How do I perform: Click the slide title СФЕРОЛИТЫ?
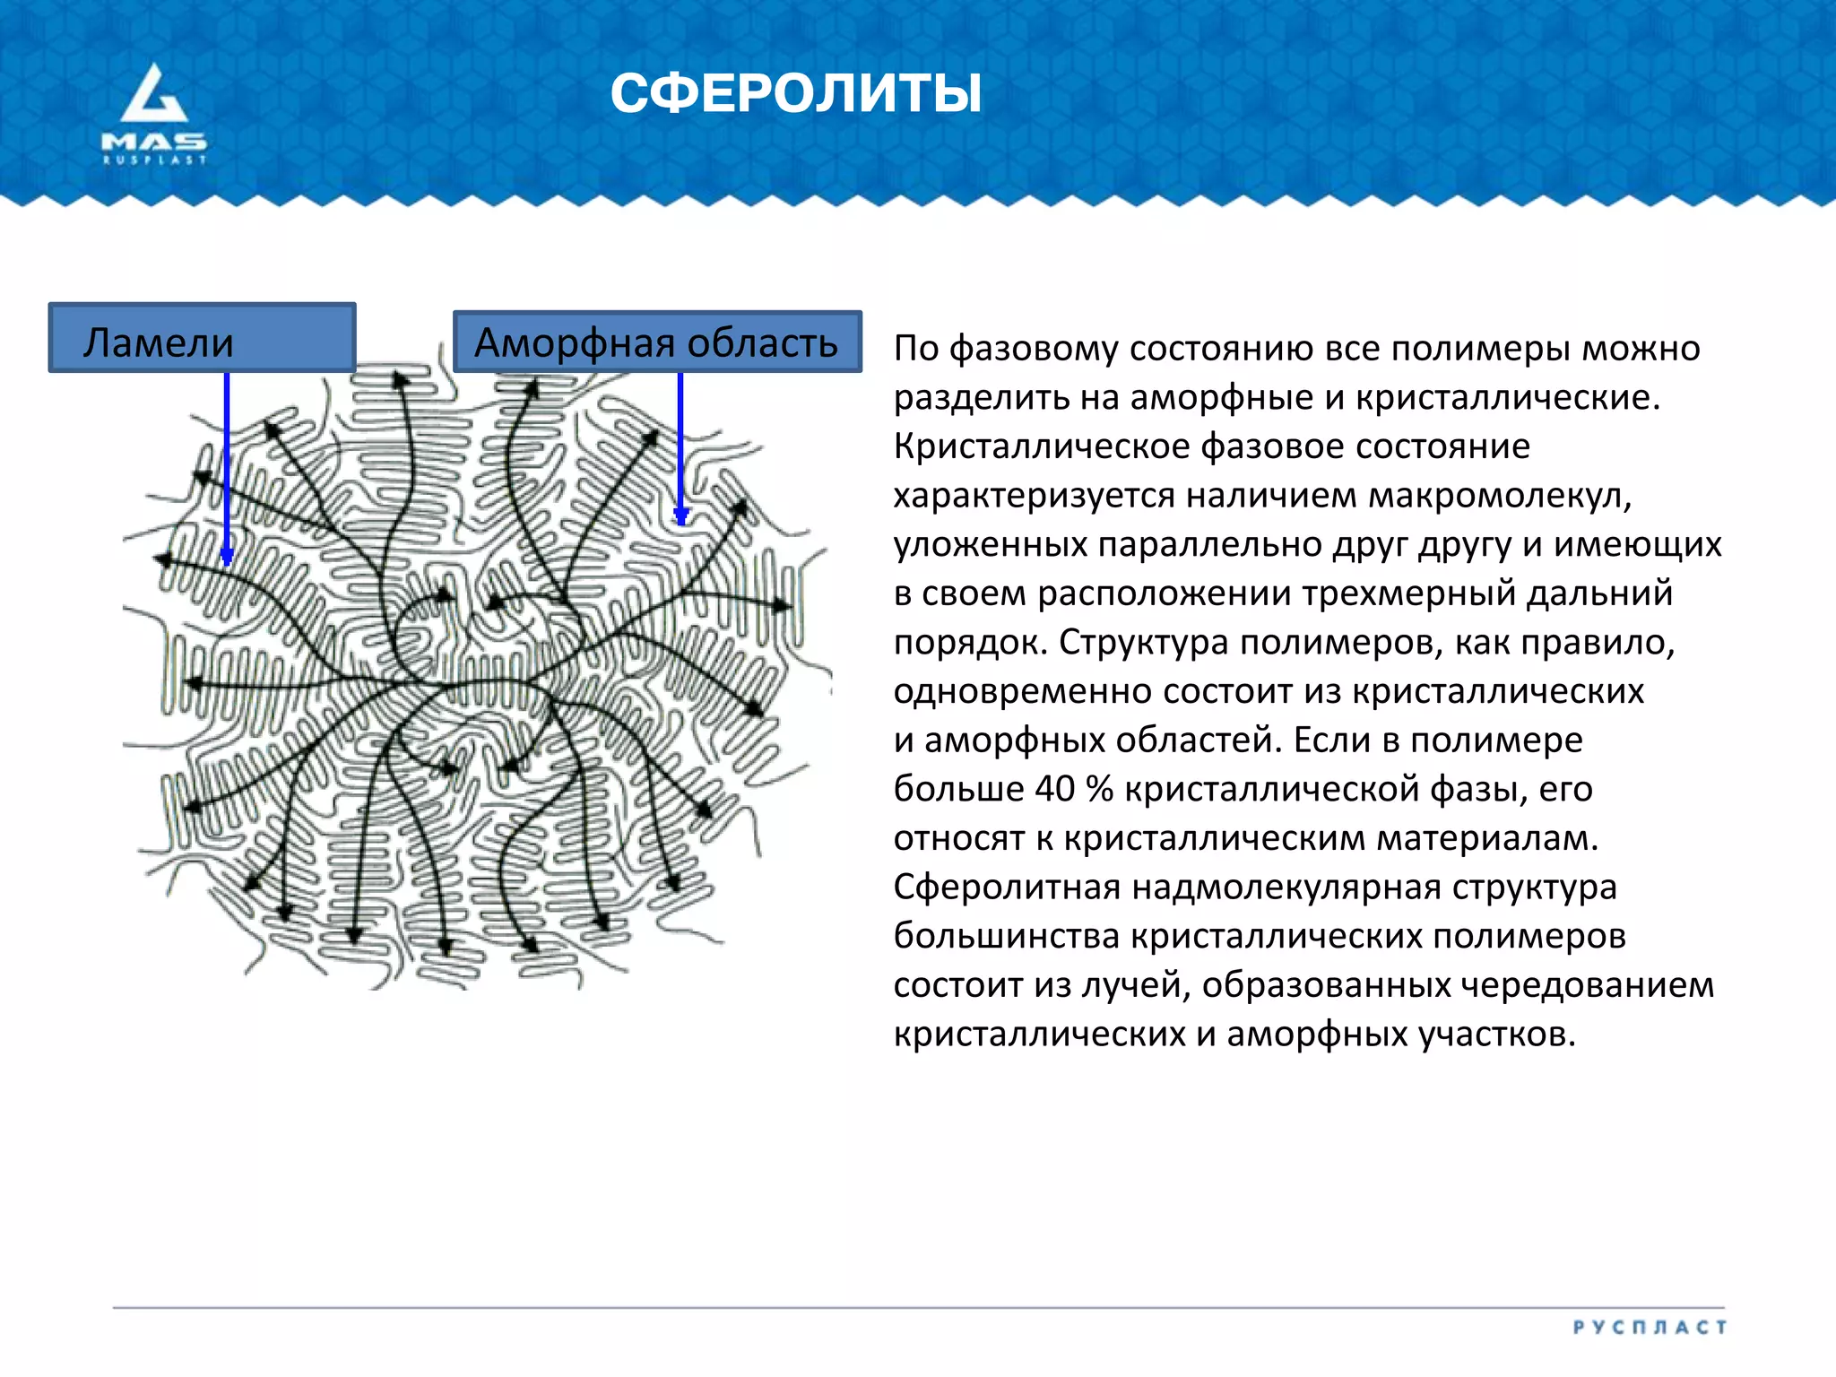tap(795, 93)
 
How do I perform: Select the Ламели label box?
tap(202, 338)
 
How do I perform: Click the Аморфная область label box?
tap(656, 342)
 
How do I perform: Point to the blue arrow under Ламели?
tap(227, 466)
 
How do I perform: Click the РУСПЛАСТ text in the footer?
tap(1649, 1327)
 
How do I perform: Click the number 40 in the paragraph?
tap(1054, 789)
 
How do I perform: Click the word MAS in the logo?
tap(154, 142)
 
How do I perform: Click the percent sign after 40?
tap(1099, 789)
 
